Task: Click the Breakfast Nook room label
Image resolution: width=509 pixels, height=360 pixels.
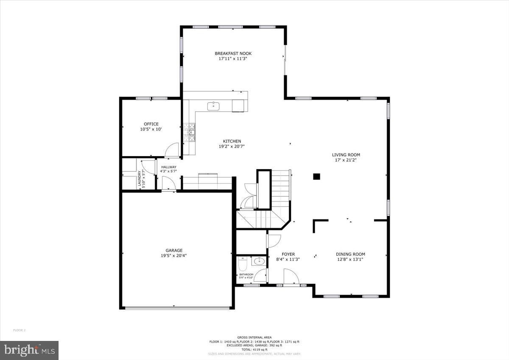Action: [x=233, y=53]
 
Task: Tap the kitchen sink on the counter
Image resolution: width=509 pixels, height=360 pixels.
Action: [x=213, y=106]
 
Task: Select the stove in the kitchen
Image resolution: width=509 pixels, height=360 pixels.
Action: [x=190, y=132]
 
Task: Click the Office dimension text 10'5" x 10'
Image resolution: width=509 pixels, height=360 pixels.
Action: [x=151, y=129]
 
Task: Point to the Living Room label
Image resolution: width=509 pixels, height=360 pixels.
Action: [x=346, y=155]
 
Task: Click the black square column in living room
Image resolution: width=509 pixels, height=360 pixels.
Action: [x=316, y=177]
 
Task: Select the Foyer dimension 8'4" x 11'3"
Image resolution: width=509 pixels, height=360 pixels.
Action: [x=288, y=260]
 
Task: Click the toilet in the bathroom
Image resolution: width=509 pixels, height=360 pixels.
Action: [x=243, y=265]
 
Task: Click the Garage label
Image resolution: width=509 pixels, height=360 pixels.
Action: [x=174, y=250]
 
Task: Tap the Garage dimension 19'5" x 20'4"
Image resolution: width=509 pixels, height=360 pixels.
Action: [x=174, y=256]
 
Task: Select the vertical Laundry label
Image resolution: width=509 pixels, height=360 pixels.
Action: [x=139, y=179]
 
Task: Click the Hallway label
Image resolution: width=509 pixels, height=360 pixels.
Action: [x=168, y=167]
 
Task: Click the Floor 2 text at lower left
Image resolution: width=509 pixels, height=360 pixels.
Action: [x=20, y=330]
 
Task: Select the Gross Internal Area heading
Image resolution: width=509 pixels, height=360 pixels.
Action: [x=255, y=338]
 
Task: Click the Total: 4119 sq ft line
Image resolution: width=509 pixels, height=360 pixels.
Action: [x=255, y=349]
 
